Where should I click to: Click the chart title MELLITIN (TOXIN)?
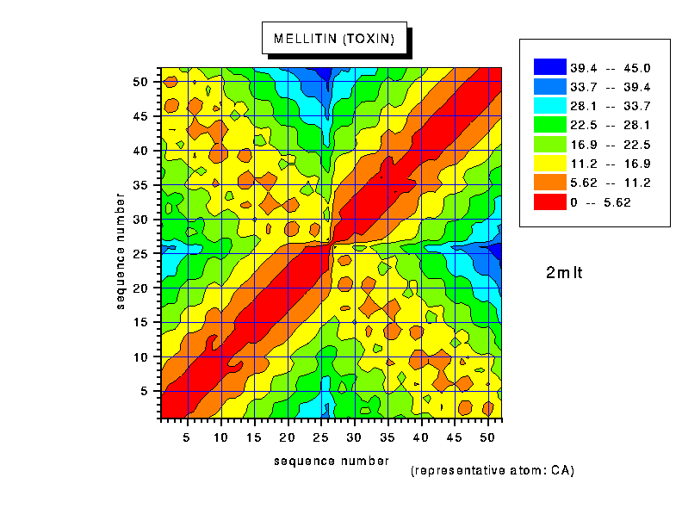coord(334,39)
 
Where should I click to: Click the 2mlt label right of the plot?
coord(565,274)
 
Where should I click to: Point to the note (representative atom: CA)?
coord(493,471)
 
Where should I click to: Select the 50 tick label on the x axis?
coord(487,437)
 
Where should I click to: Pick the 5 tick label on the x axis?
coord(187,437)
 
